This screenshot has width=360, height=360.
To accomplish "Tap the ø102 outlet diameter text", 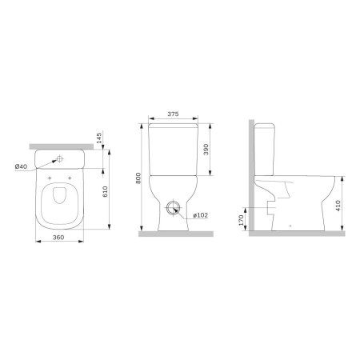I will pos(199,214).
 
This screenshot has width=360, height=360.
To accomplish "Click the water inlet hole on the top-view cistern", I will pos(62,158).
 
